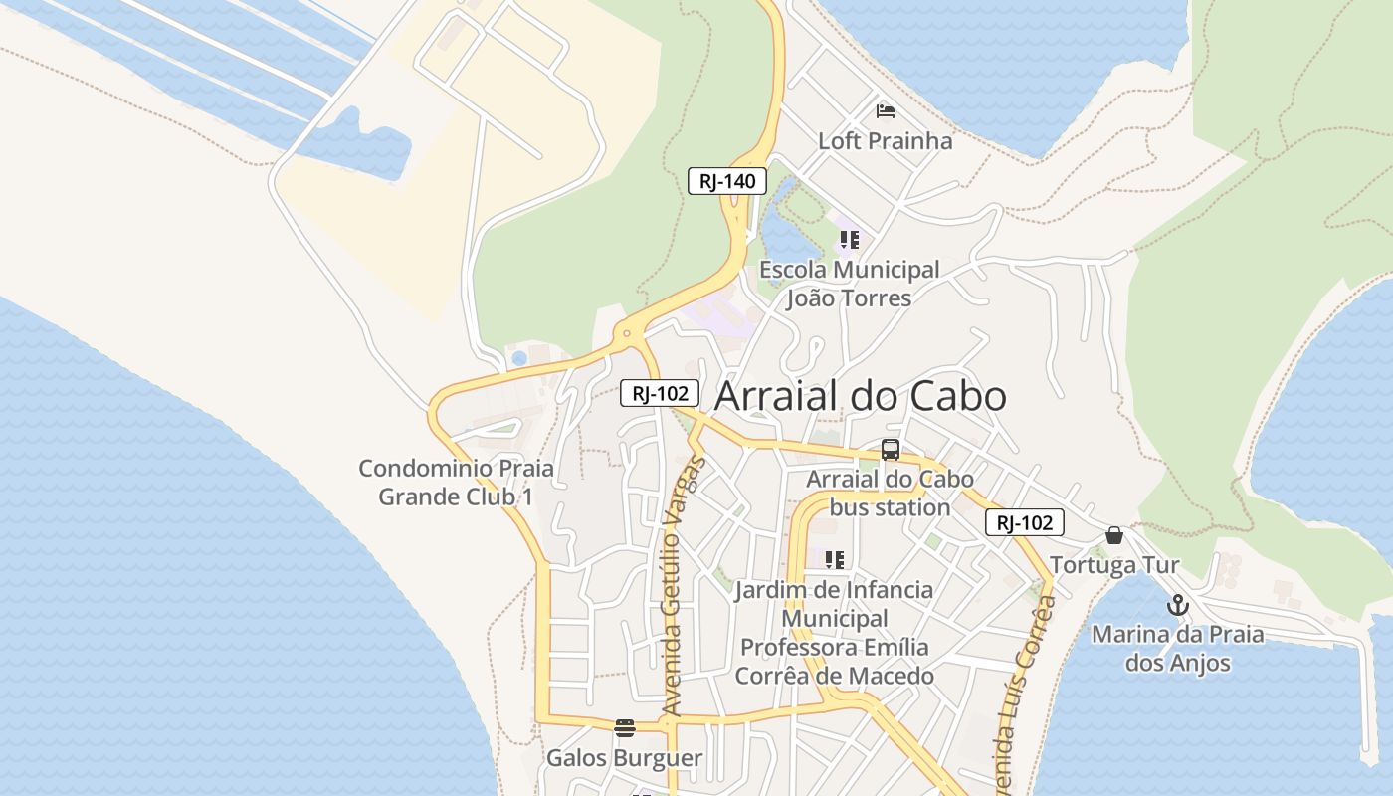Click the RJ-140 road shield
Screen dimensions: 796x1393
(x=727, y=181)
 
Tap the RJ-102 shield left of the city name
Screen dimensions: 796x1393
(x=660, y=393)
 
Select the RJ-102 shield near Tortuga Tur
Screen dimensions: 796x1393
(x=1025, y=522)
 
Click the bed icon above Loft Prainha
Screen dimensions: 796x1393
(x=885, y=110)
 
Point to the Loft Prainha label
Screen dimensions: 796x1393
(x=885, y=141)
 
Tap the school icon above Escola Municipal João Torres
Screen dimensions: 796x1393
(x=849, y=239)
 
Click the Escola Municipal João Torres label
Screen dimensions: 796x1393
(x=849, y=284)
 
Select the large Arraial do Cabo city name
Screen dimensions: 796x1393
(x=861, y=396)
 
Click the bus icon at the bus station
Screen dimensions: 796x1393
(x=891, y=450)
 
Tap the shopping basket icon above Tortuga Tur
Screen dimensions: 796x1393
(x=1114, y=535)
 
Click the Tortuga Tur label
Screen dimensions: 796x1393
(x=1114, y=565)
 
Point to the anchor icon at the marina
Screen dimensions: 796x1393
(x=1178, y=605)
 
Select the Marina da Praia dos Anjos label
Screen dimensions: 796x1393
(x=1178, y=649)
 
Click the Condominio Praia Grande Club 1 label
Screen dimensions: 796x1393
(x=456, y=483)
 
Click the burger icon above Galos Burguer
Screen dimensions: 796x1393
(x=625, y=727)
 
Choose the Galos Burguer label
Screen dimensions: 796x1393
(x=625, y=758)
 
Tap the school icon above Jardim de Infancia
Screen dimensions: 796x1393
(x=835, y=559)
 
